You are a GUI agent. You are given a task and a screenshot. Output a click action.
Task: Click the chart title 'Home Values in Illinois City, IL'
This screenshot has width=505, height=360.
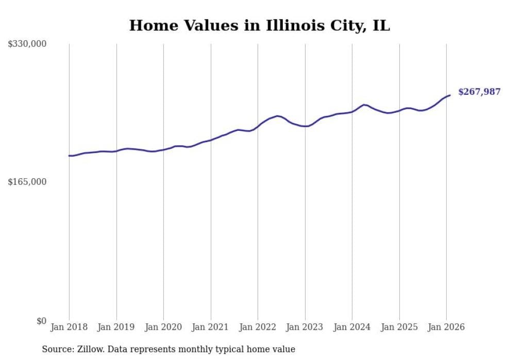(x=259, y=25)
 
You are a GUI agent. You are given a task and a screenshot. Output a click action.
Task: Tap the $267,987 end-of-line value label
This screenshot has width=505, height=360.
(x=479, y=92)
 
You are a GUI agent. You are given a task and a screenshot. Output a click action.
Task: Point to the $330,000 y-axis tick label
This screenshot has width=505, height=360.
(x=27, y=44)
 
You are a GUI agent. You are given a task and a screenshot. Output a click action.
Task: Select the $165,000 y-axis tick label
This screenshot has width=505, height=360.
(x=27, y=182)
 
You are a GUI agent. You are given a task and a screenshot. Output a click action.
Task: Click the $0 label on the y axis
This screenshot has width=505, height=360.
(x=41, y=321)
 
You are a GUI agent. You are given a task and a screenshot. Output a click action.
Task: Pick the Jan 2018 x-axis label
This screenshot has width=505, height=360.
(x=69, y=327)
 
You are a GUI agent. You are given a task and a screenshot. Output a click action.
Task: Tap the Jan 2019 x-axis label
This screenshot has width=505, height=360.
(x=116, y=327)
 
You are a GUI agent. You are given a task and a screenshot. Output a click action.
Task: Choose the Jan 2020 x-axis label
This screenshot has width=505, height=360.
(x=163, y=327)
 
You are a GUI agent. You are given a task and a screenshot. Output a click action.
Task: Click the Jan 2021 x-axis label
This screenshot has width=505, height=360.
(x=210, y=327)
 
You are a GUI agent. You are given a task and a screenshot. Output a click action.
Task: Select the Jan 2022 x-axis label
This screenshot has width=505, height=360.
(x=258, y=327)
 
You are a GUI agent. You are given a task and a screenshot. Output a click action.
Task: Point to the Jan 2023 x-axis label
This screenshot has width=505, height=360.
(x=305, y=327)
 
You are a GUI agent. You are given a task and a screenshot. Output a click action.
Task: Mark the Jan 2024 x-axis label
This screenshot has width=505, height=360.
(x=352, y=327)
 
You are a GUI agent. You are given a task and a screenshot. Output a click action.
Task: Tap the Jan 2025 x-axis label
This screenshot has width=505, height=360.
(x=399, y=327)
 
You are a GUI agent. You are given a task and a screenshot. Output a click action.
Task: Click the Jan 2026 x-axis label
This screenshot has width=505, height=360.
(x=446, y=327)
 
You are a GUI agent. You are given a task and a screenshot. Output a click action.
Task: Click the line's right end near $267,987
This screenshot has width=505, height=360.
(x=450, y=95)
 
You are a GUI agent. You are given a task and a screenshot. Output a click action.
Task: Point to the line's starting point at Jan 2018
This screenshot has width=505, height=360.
(x=69, y=156)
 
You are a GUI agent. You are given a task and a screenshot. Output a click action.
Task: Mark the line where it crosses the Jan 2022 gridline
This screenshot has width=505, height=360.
(x=258, y=126)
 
